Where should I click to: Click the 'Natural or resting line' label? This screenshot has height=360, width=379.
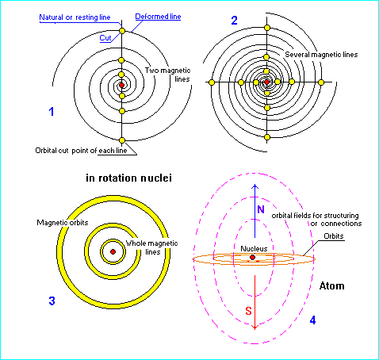[x=75, y=17]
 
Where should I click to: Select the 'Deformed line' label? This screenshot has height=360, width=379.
[x=158, y=17]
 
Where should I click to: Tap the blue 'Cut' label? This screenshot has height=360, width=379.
[x=105, y=38]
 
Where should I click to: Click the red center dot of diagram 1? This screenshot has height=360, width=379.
[x=121, y=86]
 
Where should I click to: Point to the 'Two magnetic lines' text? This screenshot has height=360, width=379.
[x=167, y=75]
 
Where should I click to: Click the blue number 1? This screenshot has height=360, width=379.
[x=52, y=112]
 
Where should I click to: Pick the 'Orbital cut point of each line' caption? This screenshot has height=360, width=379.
[x=81, y=151]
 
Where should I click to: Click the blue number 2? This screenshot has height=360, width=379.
[x=234, y=21]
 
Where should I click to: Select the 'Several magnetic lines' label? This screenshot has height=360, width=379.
[x=321, y=55]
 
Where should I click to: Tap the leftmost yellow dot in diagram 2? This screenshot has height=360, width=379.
[x=212, y=82]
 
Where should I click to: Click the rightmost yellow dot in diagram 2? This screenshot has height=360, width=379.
[x=321, y=82]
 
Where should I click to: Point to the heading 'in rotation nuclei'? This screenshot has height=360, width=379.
[x=128, y=178]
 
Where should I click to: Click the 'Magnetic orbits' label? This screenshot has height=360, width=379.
[x=63, y=223]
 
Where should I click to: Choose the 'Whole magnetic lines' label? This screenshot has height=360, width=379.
[x=151, y=247]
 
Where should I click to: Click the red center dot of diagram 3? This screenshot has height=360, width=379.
[x=113, y=251]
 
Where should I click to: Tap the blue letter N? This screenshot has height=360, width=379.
[x=261, y=209]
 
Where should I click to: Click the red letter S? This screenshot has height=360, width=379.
[x=248, y=311]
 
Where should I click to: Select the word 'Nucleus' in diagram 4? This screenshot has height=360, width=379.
[x=254, y=249]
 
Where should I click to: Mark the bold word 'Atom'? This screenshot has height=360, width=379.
[x=331, y=286]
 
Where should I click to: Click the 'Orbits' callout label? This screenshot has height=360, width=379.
[x=334, y=236]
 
